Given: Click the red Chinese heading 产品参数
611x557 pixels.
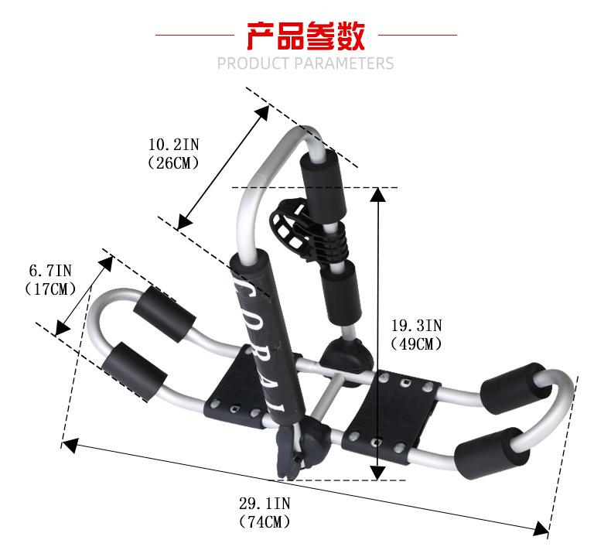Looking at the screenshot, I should (x=305, y=35).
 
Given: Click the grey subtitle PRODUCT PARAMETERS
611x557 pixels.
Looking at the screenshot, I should (x=305, y=63).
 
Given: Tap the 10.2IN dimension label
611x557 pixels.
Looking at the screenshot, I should (x=173, y=144).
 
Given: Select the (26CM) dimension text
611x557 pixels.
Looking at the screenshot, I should (x=173, y=162).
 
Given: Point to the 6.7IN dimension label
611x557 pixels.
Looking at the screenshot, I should (x=50, y=271).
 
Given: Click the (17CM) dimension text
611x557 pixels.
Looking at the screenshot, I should (x=50, y=289).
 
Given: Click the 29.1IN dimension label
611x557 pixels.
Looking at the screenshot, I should (x=265, y=504).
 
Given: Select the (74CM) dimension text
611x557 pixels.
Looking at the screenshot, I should (x=265, y=522).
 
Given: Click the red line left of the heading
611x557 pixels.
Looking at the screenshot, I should (x=193, y=35).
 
